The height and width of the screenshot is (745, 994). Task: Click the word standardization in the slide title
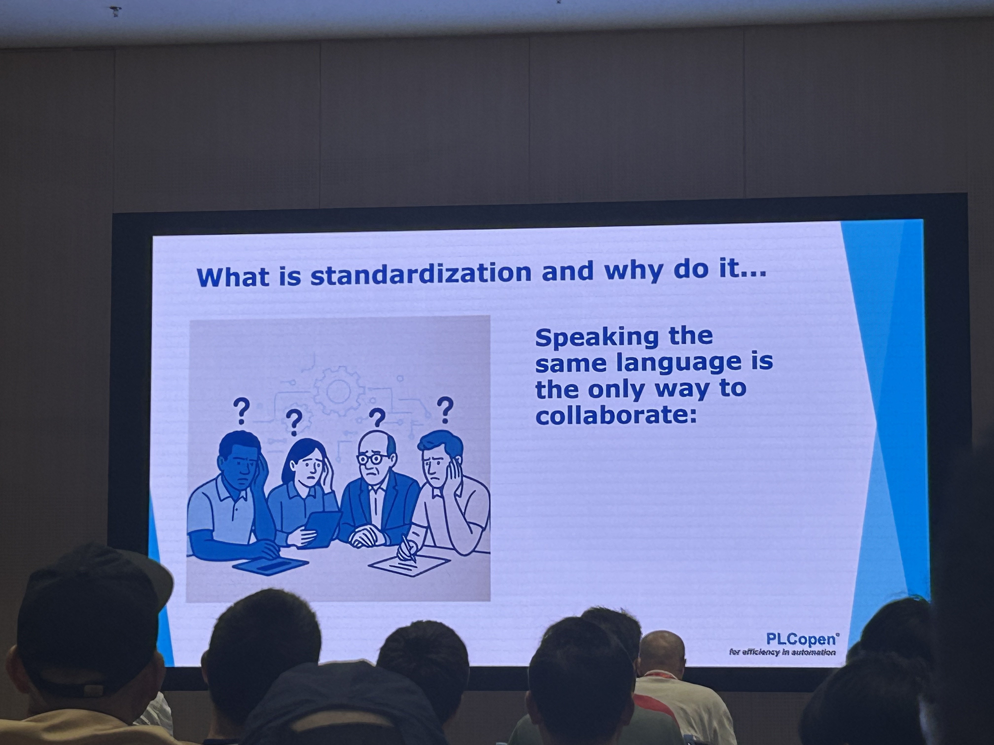421,274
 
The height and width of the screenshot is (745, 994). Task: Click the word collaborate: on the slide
616,414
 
